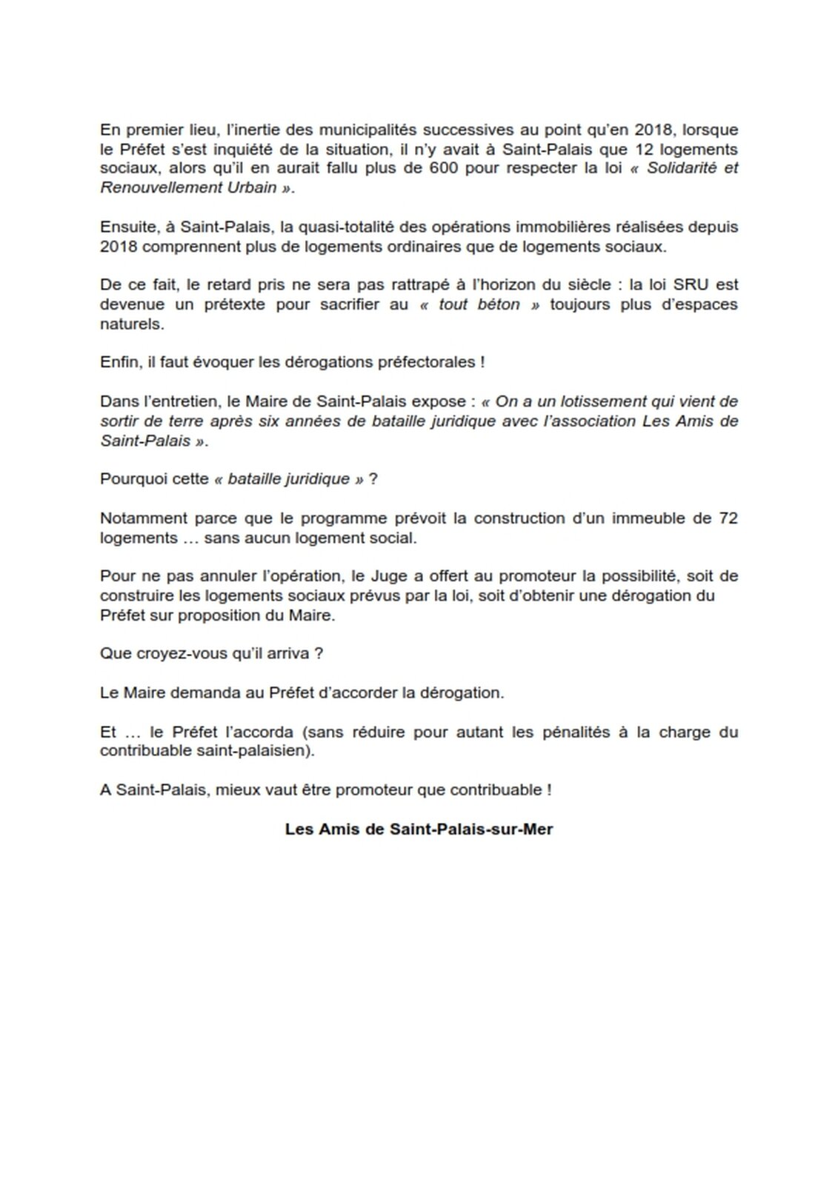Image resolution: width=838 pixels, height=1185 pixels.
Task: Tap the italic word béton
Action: (498, 304)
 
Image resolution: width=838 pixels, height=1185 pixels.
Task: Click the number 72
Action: (728, 518)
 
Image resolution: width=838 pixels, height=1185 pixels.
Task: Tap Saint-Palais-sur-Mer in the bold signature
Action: (470, 829)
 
